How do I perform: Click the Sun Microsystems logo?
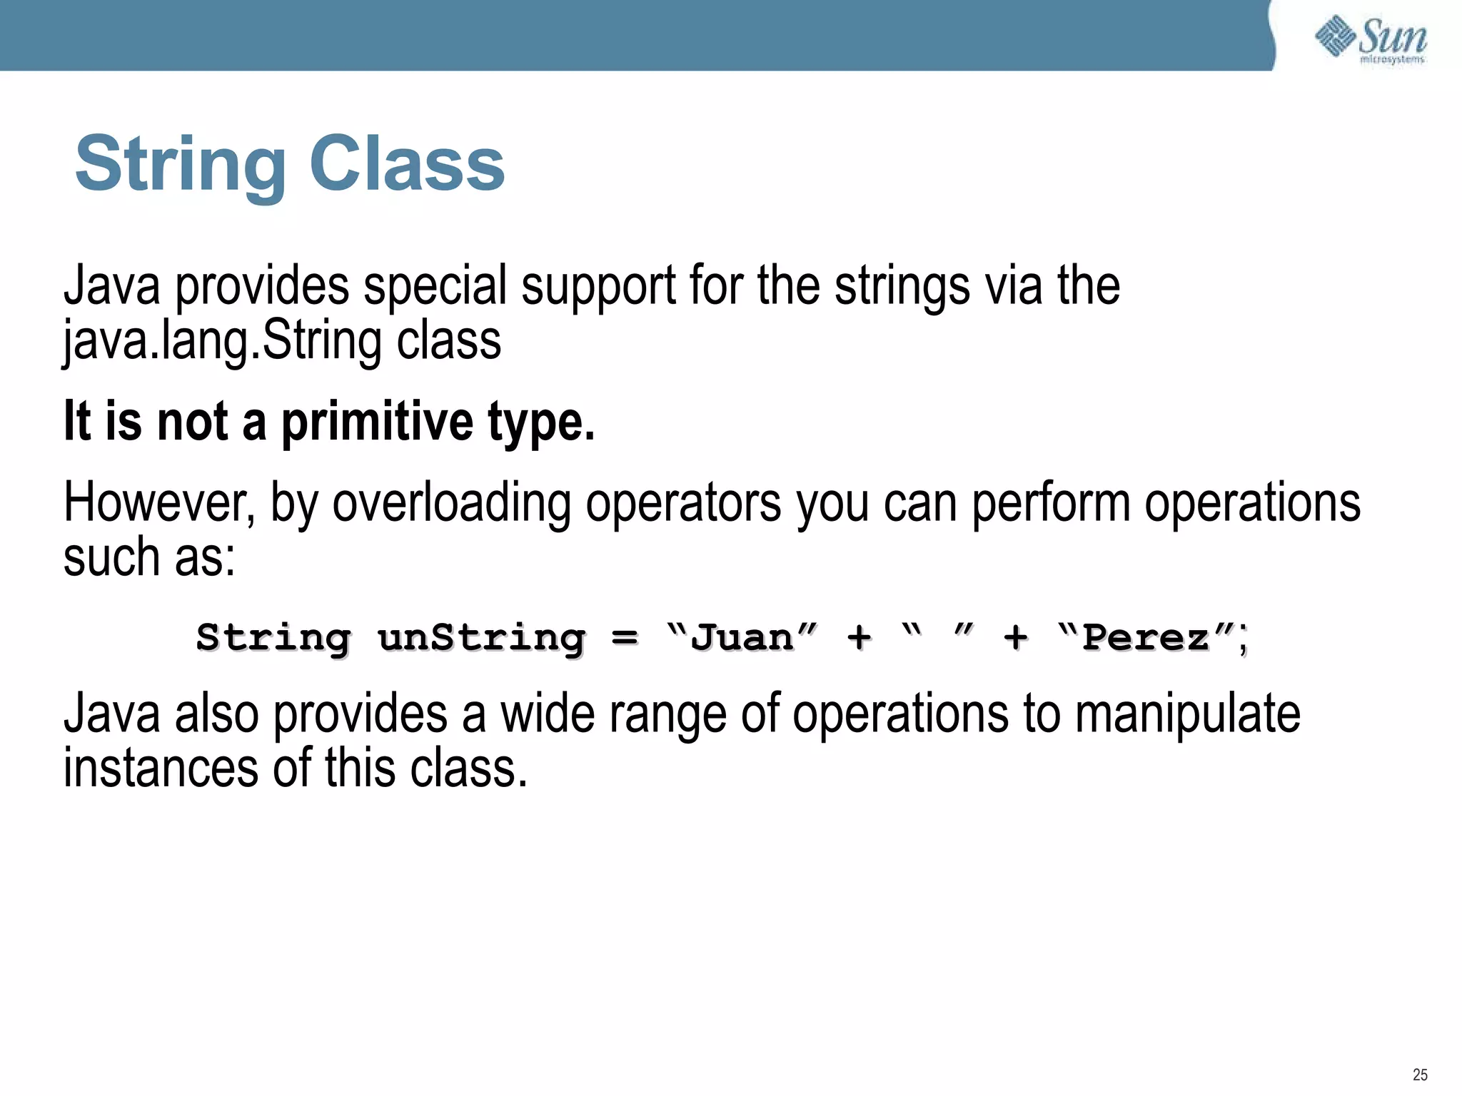click(x=1371, y=39)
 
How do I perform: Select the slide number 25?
click(x=1420, y=1075)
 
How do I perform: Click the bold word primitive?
click(x=377, y=422)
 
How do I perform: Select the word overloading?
click(x=451, y=504)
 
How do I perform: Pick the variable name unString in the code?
click(x=482, y=636)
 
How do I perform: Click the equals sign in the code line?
click(x=625, y=636)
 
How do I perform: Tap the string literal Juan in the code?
click(x=742, y=636)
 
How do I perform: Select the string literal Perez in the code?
click(x=1146, y=636)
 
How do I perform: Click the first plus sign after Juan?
click(x=859, y=636)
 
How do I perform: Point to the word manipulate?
click(x=1187, y=715)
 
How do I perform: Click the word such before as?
click(x=111, y=558)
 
